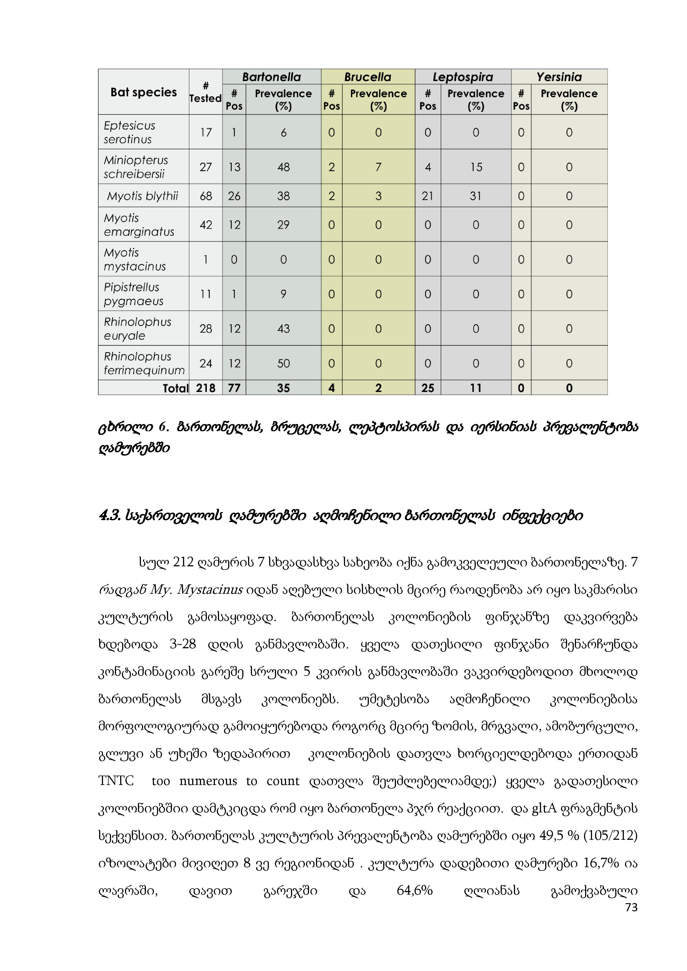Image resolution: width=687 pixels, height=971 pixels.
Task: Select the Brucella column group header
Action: [x=368, y=77]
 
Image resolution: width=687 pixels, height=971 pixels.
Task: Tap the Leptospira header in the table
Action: [x=463, y=77]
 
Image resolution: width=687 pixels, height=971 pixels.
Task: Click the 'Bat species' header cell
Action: [x=143, y=92]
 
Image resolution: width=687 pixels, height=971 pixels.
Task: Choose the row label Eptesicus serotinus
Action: [x=129, y=132]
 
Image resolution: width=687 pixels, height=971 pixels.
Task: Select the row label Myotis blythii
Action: [x=143, y=196]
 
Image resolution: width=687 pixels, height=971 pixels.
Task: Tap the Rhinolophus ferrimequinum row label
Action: [x=144, y=363]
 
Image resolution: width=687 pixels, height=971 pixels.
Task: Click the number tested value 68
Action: [x=205, y=196]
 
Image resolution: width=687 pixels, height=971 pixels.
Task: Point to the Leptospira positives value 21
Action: [x=428, y=196]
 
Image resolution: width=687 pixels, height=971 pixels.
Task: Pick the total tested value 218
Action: [x=205, y=388]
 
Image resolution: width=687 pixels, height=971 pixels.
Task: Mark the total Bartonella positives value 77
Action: [x=234, y=388]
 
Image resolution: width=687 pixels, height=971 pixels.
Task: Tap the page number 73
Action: [x=631, y=907]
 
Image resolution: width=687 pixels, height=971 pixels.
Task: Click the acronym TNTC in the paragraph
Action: [x=116, y=780]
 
